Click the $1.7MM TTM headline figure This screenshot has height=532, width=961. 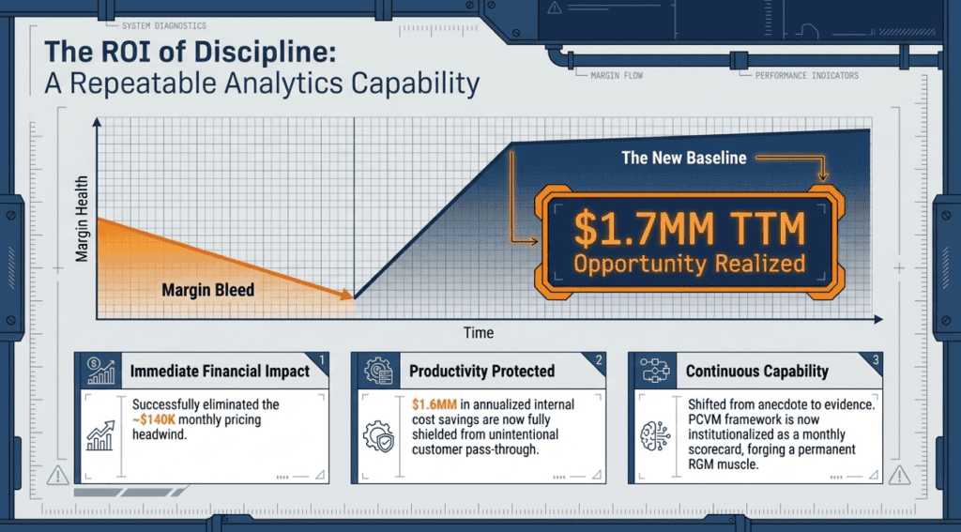(x=689, y=229)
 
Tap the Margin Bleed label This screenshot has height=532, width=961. (x=207, y=289)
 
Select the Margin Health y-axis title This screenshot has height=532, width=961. (x=83, y=219)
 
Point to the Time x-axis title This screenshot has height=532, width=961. (x=479, y=333)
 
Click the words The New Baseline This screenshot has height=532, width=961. (x=684, y=159)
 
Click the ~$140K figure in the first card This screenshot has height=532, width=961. (x=158, y=419)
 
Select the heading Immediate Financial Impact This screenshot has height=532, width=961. (x=220, y=372)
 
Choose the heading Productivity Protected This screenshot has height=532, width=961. (x=481, y=372)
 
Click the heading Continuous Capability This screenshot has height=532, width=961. (x=757, y=372)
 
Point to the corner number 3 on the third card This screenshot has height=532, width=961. (x=876, y=359)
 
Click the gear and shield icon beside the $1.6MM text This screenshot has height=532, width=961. (x=378, y=435)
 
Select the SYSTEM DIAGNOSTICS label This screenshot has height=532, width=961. (x=163, y=26)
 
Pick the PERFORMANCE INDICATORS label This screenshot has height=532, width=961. (x=806, y=76)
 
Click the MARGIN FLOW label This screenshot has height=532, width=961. (x=617, y=76)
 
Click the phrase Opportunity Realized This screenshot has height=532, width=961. (x=689, y=265)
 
